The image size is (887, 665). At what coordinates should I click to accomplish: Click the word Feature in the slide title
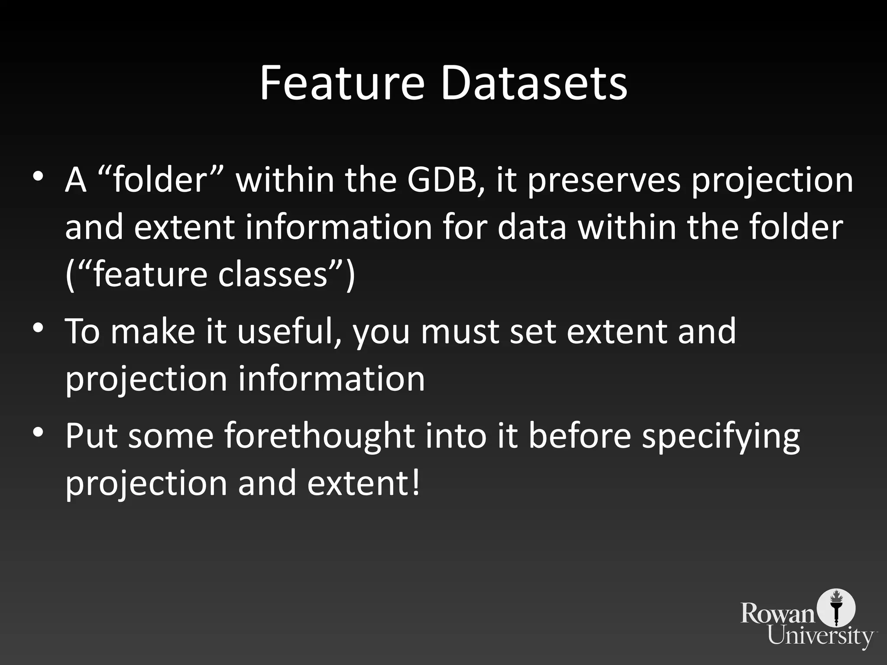pyautogui.click(x=342, y=83)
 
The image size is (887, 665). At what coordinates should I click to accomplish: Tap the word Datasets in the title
pyautogui.click(x=534, y=83)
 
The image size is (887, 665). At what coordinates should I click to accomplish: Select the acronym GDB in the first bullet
pyautogui.click(x=446, y=180)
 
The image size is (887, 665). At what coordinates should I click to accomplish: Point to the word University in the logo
pyautogui.click(x=820, y=636)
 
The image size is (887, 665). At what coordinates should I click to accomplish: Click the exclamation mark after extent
pyautogui.click(x=415, y=483)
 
